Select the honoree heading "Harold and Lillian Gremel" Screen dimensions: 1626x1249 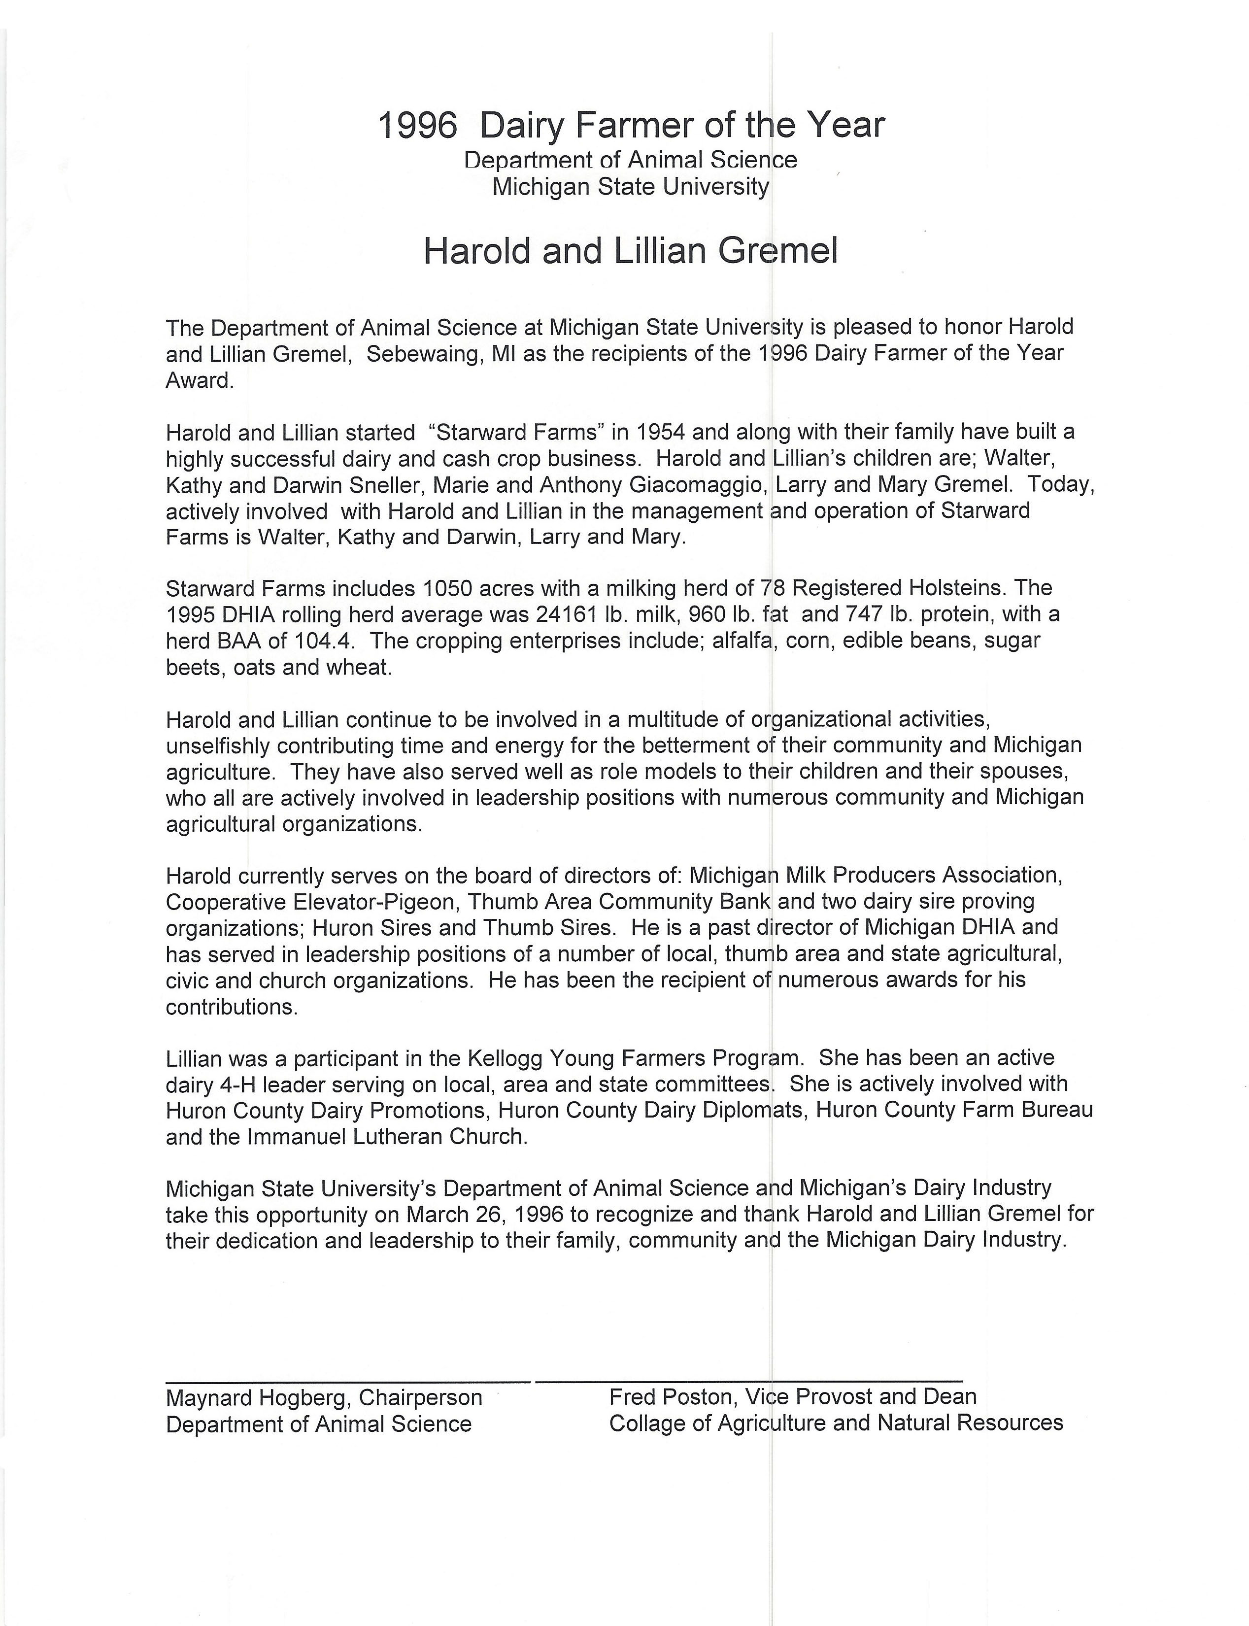pos(631,251)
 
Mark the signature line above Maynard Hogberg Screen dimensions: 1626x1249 pos(348,1381)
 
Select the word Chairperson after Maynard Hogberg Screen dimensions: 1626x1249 pos(420,1398)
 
